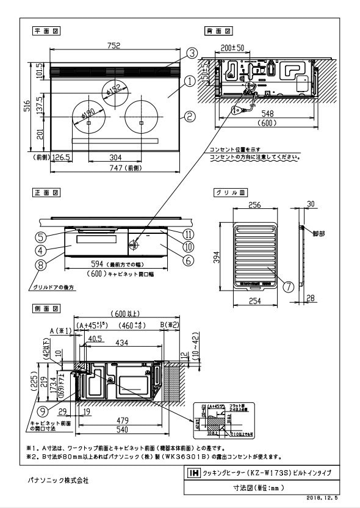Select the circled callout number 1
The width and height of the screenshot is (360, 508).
pos(190,80)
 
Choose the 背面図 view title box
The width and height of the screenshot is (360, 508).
pos(218,31)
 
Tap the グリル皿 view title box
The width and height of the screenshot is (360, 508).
pos(231,192)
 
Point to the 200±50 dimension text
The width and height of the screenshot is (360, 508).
pos(232,47)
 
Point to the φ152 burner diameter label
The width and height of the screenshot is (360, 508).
pos(113,90)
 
